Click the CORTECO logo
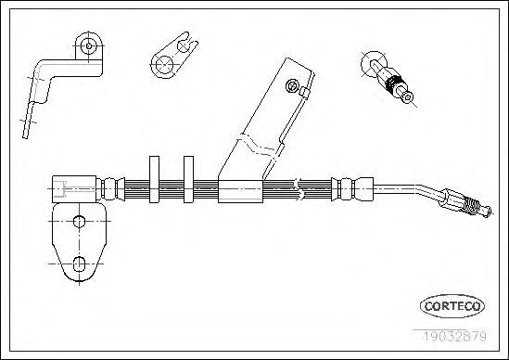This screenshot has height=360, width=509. coord(452,306)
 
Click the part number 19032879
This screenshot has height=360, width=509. coord(454,336)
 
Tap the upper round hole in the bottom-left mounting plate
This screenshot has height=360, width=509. coord(79,222)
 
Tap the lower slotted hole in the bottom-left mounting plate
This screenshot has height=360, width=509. coord(79,264)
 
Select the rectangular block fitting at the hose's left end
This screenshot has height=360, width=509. coord(74,189)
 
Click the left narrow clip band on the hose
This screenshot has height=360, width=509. coord(154,179)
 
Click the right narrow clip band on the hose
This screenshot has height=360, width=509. coord(188,179)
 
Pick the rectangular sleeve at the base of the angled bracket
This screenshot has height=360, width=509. coord(240,191)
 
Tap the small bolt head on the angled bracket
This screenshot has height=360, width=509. coord(292,86)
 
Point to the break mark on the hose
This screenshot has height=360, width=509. coord(299,188)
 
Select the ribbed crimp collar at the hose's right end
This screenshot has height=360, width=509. coord(352,189)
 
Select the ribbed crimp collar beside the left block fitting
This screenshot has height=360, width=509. coord(110,189)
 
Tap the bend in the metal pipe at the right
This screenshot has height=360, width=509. coord(422,189)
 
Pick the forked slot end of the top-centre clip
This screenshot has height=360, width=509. coord(188,43)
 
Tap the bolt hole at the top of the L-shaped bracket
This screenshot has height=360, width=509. coord(89,45)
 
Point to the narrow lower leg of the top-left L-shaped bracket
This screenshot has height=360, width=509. coord(27,120)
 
